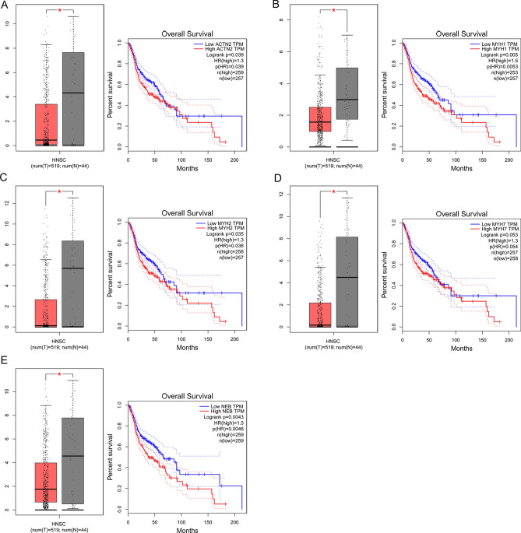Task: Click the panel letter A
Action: point(7,6)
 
